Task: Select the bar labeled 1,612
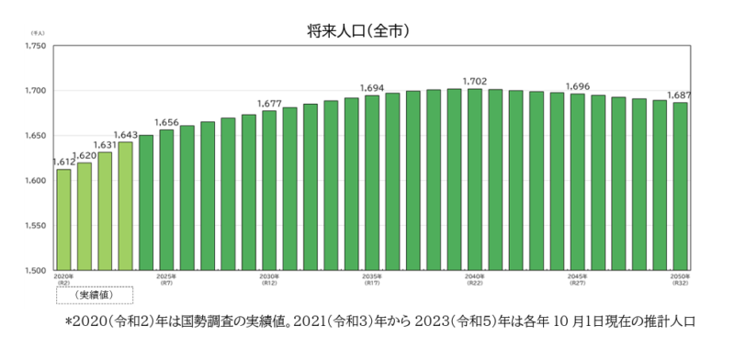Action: click(63, 219)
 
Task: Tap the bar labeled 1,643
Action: click(125, 206)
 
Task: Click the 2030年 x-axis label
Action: click(269, 276)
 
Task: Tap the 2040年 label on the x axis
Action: click(474, 276)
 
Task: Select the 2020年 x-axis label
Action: click(63, 276)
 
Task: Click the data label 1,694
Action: click(371, 87)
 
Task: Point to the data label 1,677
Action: click(269, 103)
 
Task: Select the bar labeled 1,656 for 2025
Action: click(166, 199)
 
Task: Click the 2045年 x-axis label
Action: click(577, 276)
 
